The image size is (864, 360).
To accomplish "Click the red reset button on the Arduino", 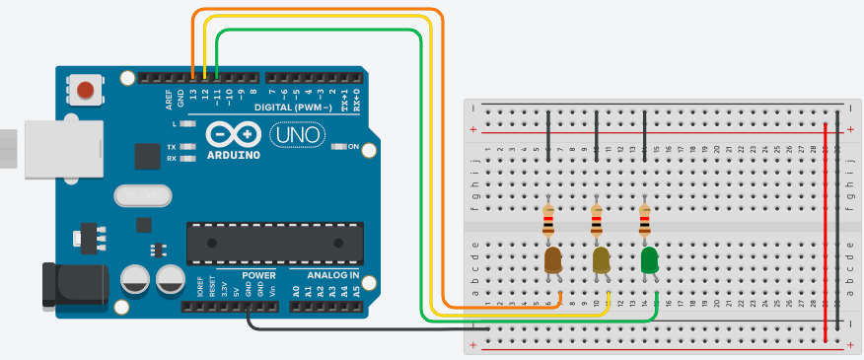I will [x=86, y=91].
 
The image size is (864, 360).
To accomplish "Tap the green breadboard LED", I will [x=649, y=261].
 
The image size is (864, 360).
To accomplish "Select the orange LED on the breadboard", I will [x=552, y=260].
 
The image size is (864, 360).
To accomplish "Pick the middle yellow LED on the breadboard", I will [x=600, y=260].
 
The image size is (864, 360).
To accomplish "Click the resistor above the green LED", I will [x=645, y=221].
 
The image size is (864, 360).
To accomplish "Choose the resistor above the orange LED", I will [x=548, y=221].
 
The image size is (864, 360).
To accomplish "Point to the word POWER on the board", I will [x=233, y=275].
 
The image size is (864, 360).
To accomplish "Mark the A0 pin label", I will [x=297, y=291].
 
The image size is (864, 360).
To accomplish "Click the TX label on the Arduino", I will [x=172, y=146].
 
